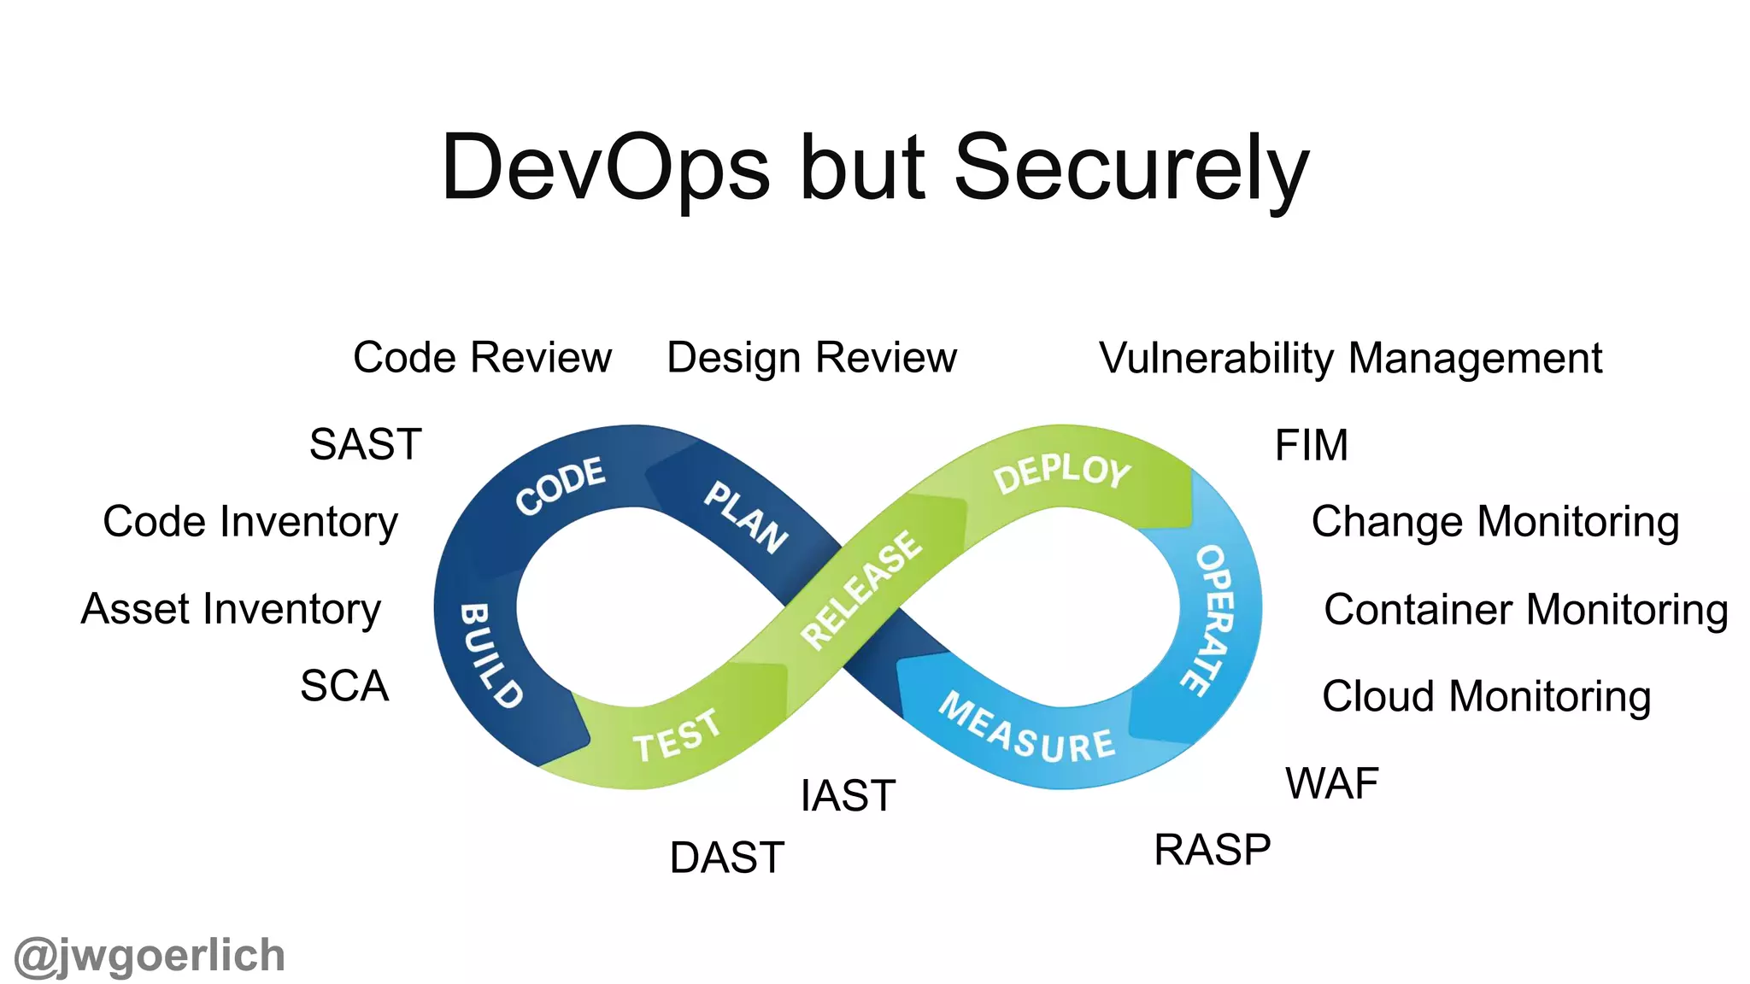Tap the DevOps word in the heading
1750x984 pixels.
click(x=605, y=169)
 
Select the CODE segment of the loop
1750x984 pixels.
click(x=561, y=486)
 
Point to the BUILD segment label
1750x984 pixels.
click(x=490, y=655)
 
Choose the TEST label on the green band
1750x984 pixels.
click(x=677, y=736)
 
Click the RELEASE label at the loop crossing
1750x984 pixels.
click(x=861, y=589)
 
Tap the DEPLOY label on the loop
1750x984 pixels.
click(x=1061, y=472)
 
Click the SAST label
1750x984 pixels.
click(x=366, y=445)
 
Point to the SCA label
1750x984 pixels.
click(x=344, y=686)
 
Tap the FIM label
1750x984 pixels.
click(x=1311, y=446)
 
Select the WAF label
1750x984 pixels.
click(x=1331, y=783)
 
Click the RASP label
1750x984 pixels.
click(x=1212, y=851)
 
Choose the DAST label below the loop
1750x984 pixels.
click(x=726, y=858)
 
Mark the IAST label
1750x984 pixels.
click(x=848, y=796)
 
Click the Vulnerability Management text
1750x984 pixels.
click(x=1350, y=358)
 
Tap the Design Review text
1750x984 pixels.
click(x=811, y=358)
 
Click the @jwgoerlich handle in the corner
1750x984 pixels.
click(x=150, y=956)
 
